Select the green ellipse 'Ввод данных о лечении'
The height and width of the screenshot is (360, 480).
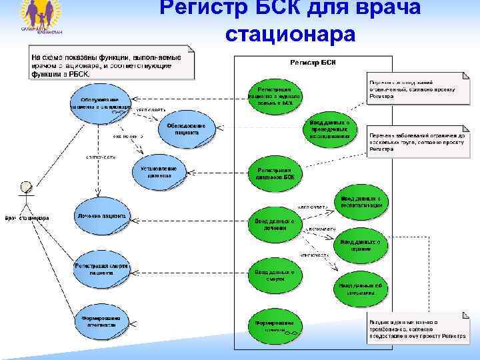tap(275, 224)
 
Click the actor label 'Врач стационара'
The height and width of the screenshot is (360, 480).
tap(27, 218)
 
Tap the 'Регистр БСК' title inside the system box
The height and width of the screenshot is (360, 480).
tap(313, 62)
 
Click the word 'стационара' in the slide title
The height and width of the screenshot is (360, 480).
tap(290, 31)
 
